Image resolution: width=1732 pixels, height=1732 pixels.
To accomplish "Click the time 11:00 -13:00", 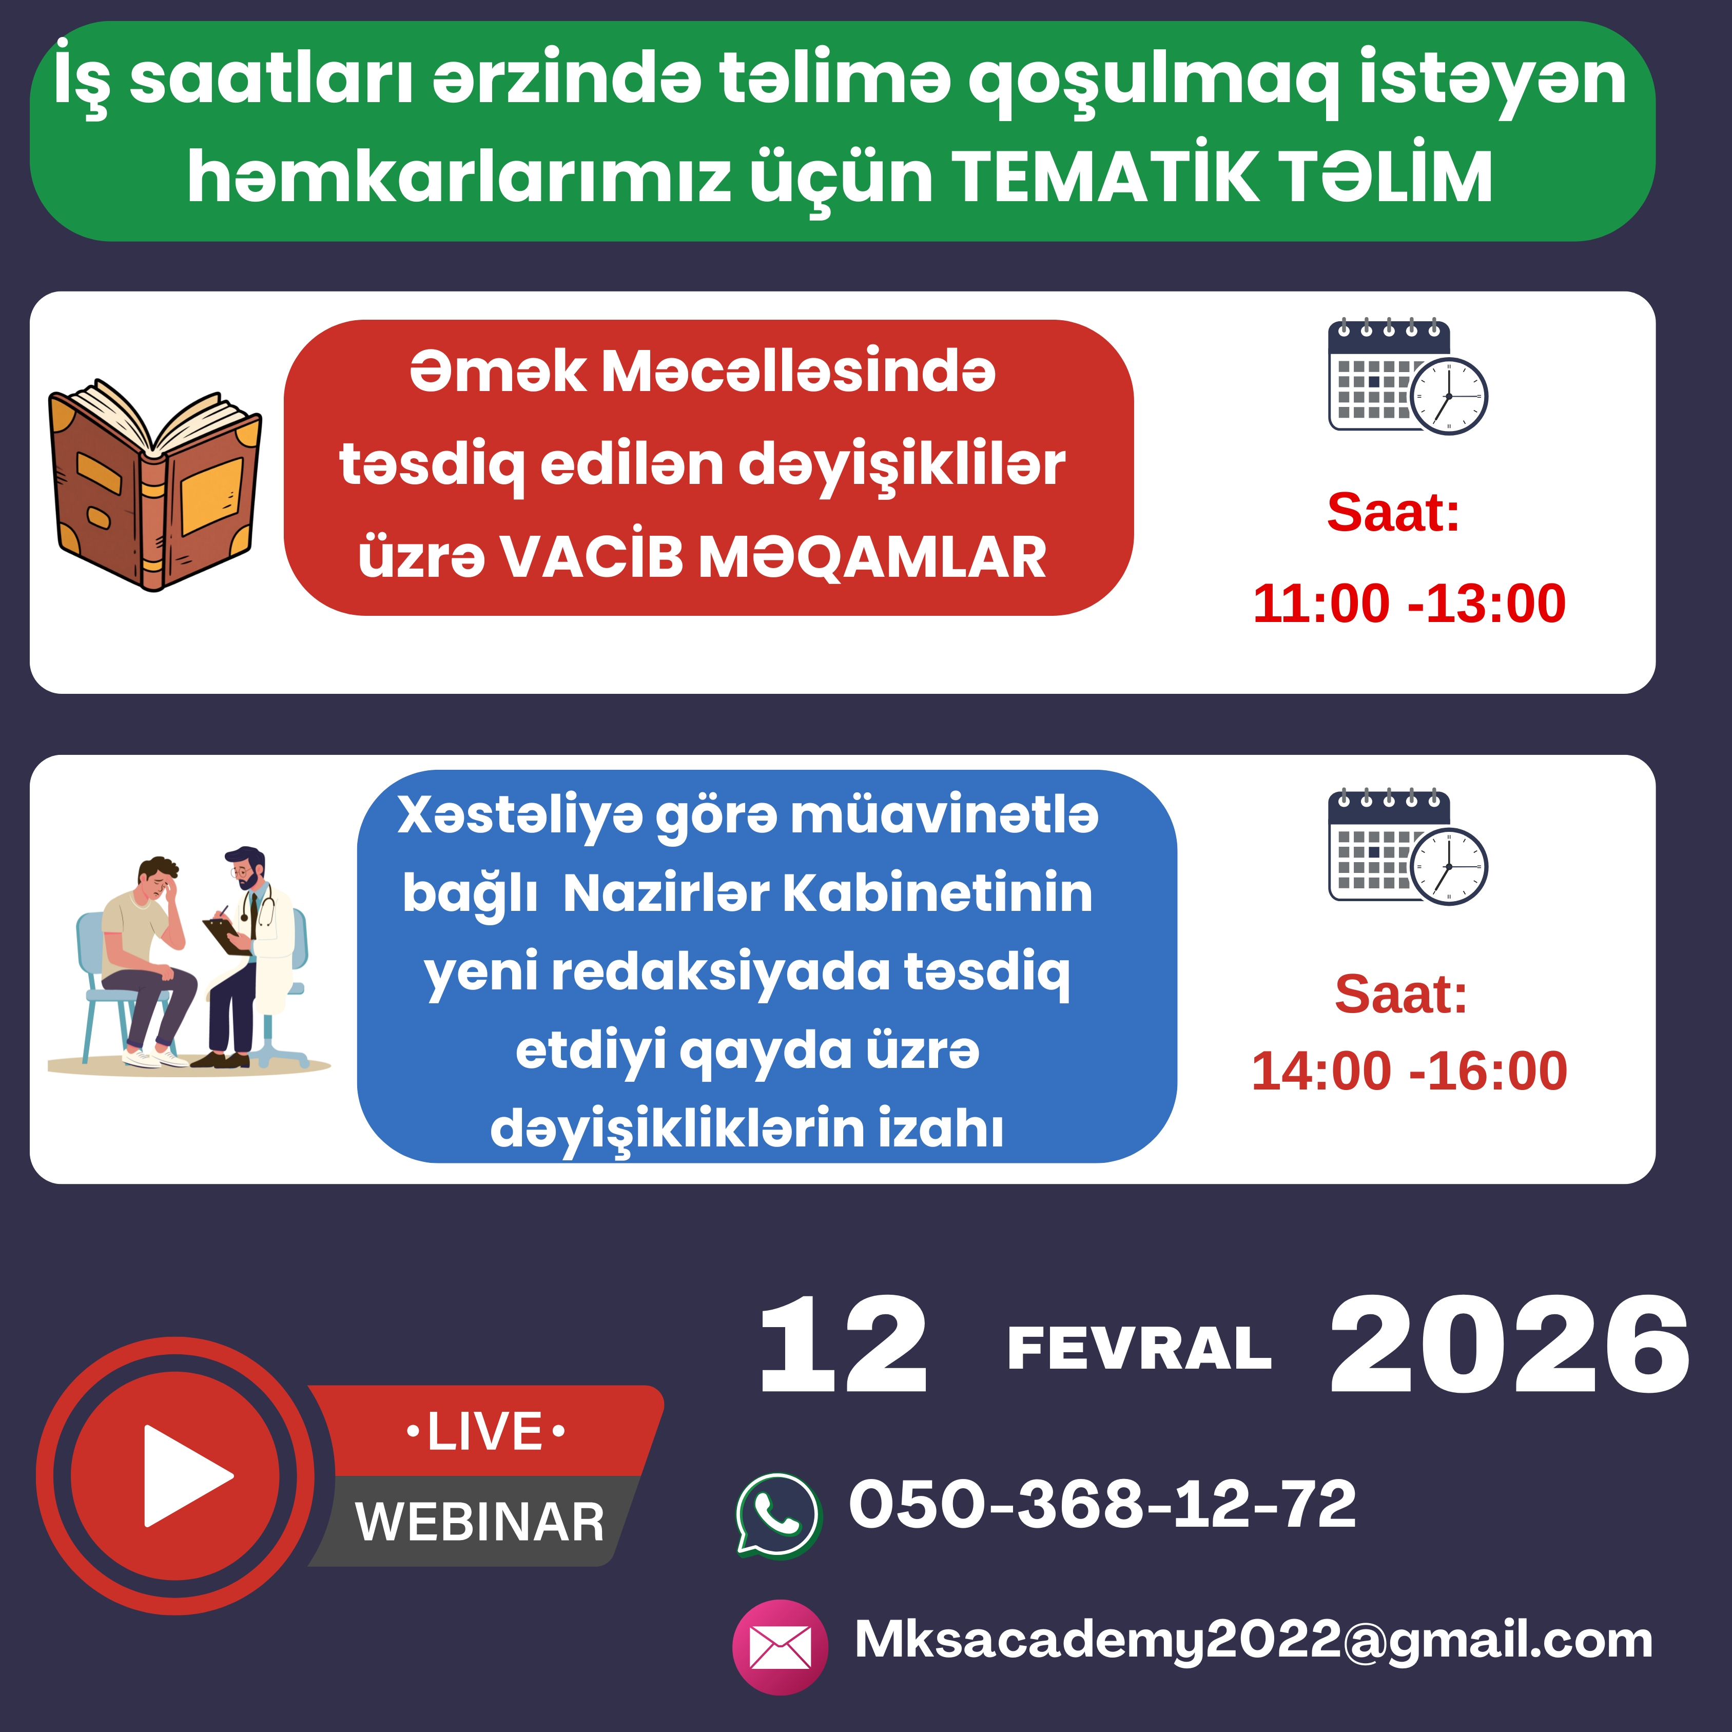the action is pos(1408,604).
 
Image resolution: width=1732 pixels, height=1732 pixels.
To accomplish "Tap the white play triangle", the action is pos(186,1476).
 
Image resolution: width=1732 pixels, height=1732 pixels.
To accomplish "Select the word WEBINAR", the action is pos(480,1522).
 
